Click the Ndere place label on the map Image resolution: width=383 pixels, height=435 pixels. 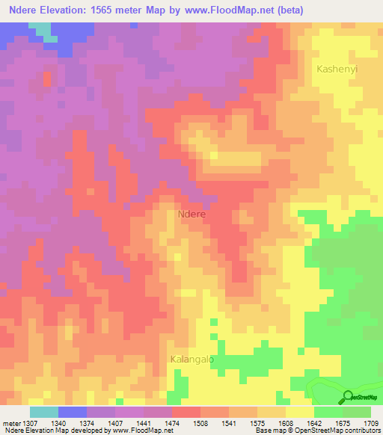(x=192, y=213)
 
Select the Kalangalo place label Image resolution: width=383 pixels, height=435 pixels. (x=192, y=359)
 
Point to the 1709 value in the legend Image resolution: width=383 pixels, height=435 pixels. (x=371, y=422)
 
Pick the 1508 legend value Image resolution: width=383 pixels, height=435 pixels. (x=200, y=422)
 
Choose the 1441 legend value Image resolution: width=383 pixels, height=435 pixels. (x=144, y=422)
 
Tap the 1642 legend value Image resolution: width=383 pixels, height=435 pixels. (x=314, y=422)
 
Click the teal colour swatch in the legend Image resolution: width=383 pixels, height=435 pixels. (x=44, y=411)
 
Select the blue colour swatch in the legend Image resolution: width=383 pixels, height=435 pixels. (x=73, y=411)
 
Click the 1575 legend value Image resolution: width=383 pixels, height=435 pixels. (x=257, y=422)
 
